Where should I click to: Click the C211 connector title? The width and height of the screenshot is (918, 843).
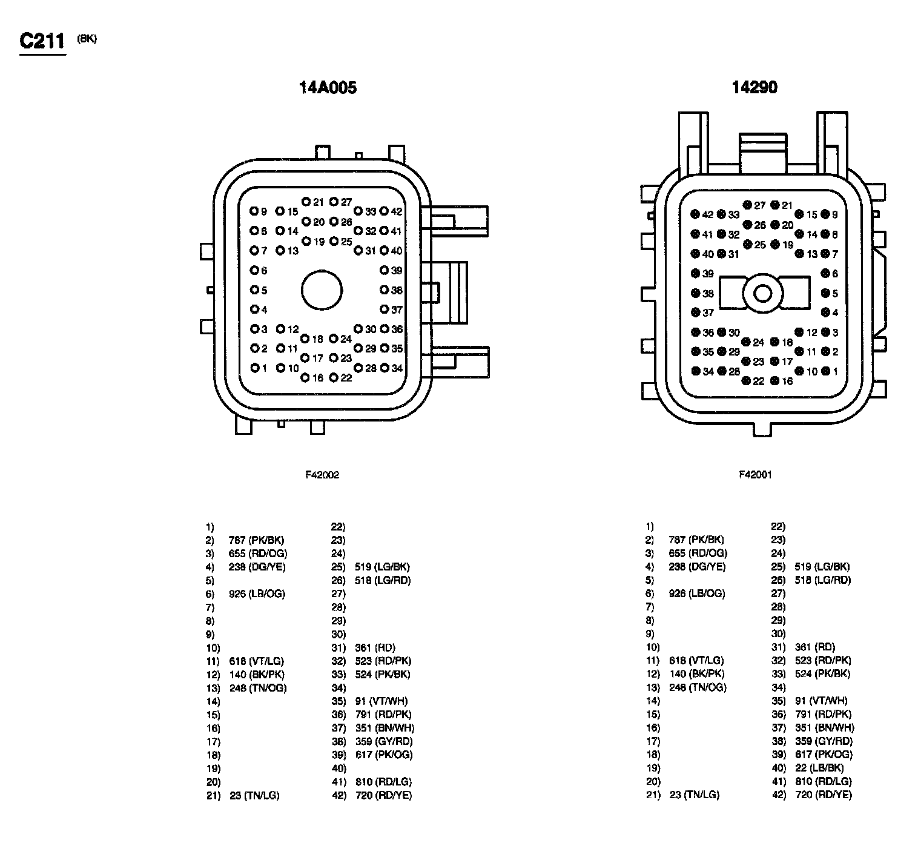(42, 41)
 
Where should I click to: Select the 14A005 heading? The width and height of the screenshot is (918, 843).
(328, 88)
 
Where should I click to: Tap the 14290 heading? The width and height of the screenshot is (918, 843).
(754, 88)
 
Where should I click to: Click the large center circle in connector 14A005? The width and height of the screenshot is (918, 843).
(322, 290)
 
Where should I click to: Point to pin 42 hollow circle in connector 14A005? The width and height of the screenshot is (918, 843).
(384, 211)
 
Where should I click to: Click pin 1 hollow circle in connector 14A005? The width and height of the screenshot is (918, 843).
(255, 368)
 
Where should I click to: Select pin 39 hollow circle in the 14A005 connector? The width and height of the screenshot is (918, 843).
(384, 270)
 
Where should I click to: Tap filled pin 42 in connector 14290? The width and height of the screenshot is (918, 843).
(695, 214)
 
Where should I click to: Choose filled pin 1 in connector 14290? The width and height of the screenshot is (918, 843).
(825, 371)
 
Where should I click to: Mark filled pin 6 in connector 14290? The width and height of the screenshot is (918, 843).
(825, 274)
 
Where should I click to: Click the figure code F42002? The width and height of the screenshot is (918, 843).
(322, 475)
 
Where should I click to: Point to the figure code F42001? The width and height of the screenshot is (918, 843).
(755, 475)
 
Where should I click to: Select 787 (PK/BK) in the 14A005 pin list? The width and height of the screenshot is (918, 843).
(257, 540)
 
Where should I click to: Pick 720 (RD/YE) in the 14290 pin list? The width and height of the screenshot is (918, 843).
(823, 795)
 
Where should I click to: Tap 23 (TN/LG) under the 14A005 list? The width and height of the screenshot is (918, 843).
(254, 795)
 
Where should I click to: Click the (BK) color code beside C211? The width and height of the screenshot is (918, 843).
(87, 39)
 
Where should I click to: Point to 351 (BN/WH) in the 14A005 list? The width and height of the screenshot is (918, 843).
(385, 728)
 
